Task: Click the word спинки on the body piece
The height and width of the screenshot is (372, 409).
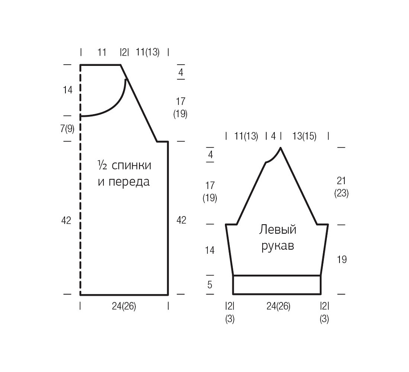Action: [131, 166]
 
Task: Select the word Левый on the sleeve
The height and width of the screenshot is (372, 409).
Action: [278, 230]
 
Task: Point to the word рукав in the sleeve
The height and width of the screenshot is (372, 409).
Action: [278, 246]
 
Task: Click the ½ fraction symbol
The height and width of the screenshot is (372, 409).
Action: [102, 165]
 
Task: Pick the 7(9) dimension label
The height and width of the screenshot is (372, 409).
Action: [67, 129]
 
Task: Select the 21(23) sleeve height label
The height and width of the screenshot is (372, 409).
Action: [342, 187]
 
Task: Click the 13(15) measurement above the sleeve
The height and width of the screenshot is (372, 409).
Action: [304, 136]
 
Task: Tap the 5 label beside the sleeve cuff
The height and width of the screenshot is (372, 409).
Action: [210, 285]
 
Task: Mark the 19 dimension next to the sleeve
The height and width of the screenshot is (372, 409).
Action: [342, 259]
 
